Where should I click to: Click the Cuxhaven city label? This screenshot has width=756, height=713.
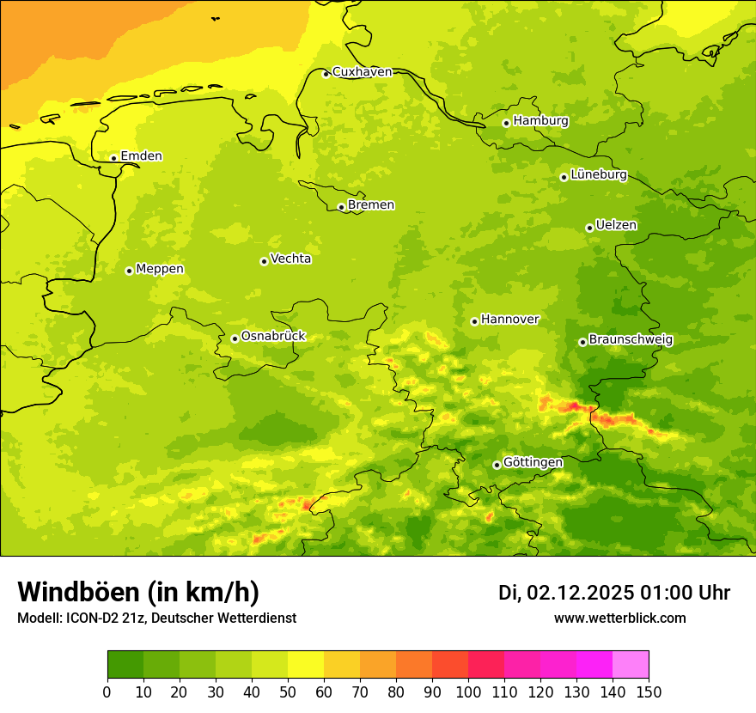coord(362,72)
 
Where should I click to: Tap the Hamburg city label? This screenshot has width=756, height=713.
coord(540,121)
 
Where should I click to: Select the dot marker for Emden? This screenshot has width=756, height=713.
coord(113,157)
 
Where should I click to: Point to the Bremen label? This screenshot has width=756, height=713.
coord(371,205)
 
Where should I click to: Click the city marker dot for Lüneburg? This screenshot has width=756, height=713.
coord(564,177)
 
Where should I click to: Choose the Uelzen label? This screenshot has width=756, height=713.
coord(616,226)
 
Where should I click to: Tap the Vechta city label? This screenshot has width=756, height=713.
coord(290,259)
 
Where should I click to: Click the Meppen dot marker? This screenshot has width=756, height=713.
coord(129,271)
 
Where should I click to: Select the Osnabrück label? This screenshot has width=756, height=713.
coord(273,337)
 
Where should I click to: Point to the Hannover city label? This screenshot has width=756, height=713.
coord(509,320)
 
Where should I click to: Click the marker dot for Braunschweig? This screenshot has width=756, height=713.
coord(582,342)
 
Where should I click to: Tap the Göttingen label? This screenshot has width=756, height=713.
coord(533,463)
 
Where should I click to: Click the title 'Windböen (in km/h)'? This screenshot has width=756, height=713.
coord(138,592)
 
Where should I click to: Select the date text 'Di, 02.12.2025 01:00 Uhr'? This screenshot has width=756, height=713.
coord(614,593)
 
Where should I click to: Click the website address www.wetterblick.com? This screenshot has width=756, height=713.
coord(619,618)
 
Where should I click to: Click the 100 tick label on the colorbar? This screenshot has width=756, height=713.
coord(468,692)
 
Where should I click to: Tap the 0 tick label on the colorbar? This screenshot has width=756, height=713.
coord(107,692)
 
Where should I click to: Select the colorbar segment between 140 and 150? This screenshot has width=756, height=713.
coord(631,665)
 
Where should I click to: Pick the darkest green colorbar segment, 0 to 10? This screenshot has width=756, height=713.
coord(125,665)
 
